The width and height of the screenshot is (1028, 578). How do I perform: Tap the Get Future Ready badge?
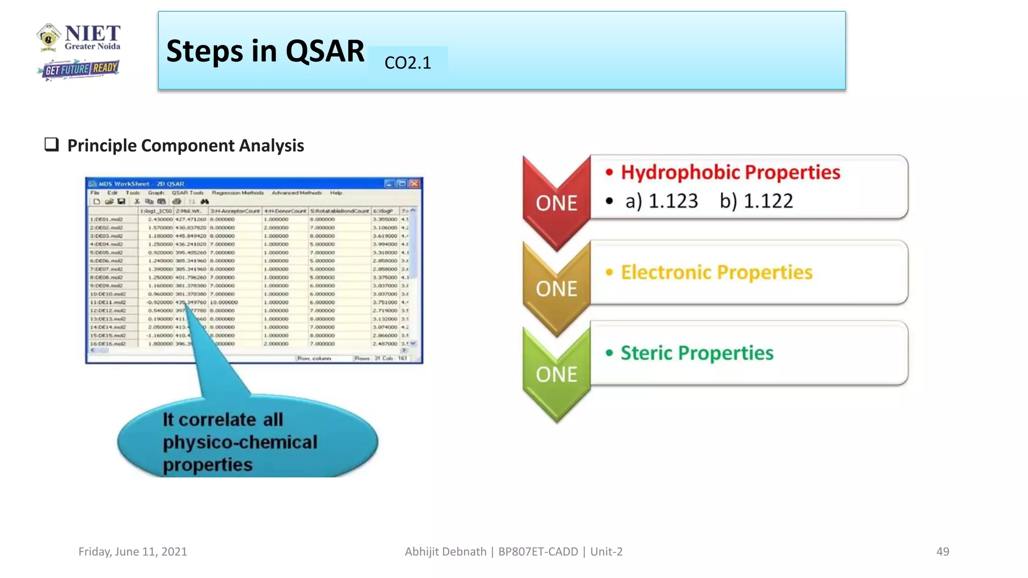[x=80, y=69]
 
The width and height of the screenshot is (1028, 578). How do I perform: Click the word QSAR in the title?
[x=325, y=51]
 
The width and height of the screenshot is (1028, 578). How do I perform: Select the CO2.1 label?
[x=408, y=63]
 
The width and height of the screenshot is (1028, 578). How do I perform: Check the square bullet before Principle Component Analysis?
[x=51, y=144]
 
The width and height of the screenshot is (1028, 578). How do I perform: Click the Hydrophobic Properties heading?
[x=730, y=172]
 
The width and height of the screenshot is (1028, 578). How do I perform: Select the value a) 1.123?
[x=661, y=201]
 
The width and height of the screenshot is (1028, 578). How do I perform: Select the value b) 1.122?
[x=756, y=201]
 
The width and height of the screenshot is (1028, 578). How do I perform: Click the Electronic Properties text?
[x=716, y=272]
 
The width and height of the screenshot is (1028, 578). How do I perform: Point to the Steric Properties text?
[x=697, y=353]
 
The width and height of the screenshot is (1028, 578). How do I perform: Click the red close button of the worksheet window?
[x=414, y=184]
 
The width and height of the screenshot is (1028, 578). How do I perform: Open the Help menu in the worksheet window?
[x=336, y=193]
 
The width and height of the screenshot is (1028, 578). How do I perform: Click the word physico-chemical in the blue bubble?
[x=240, y=442]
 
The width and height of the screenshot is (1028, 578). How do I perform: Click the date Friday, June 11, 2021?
[x=133, y=551]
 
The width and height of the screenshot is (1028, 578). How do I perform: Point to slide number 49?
[x=942, y=551]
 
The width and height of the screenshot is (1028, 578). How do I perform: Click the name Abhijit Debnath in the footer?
[x=445, y=551]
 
